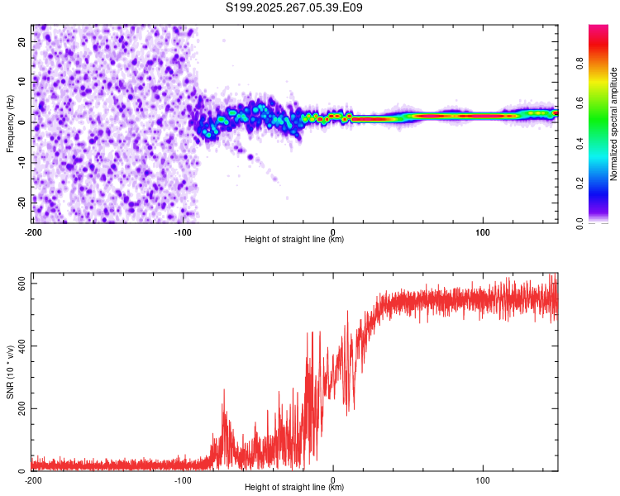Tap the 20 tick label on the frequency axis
22,41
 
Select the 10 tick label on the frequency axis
22,81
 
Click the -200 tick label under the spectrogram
33,231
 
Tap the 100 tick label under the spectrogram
483,231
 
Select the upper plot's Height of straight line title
294,240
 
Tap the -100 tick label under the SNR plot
183,479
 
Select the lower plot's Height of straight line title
294,488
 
